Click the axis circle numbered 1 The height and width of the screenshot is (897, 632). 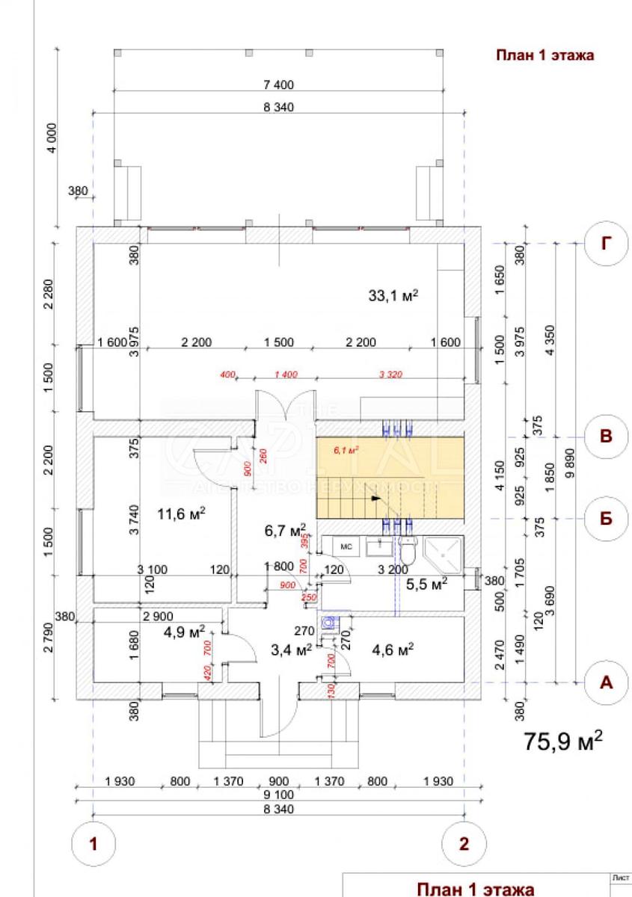tap(93, 845)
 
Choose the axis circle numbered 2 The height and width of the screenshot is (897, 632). tap(464, 845)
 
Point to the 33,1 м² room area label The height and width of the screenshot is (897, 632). tap(393, 295)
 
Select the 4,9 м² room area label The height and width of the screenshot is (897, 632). tap(184, 632)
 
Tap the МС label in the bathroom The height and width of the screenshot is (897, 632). tap(346, 546)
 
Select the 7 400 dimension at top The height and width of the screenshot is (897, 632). tap(279, 84)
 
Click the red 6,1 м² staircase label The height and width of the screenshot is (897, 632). tap(346, 450)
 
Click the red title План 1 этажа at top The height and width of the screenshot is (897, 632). tap(545, 55)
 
